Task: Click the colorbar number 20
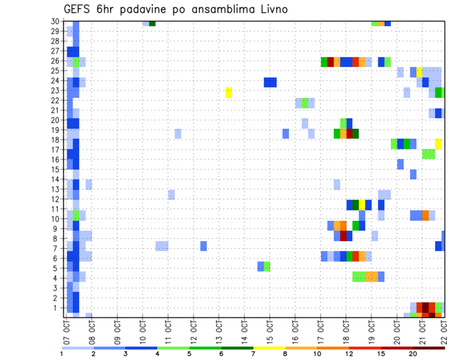[x=412, y=354]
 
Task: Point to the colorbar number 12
[x=349, y=354]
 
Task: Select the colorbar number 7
[x=254, y=354]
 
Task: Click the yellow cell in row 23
[x=229, y=92]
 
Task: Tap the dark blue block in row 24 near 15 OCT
[x=270, y=82]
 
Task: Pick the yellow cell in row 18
[x=438, y=144]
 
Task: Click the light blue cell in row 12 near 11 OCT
[x=171, y=195]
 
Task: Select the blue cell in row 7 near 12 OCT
[x=203, y=246]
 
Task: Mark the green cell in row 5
[x=267, y=266]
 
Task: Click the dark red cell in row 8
[x=343, y=236]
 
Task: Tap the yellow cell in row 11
[x=362, y=205]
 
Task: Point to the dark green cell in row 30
[x=152, y=23]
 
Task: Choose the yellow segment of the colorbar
[x=269, y=348]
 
